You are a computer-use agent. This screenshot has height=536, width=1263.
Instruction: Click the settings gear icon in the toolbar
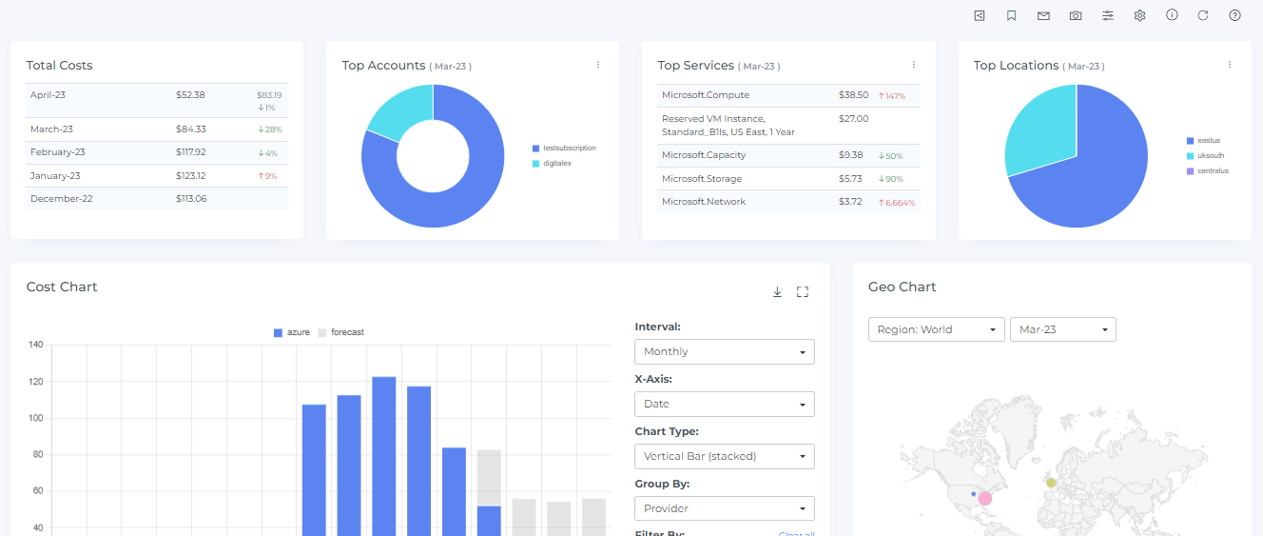tap(1139, 16)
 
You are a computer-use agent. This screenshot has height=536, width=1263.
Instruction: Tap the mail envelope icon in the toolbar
tap(1043, 16)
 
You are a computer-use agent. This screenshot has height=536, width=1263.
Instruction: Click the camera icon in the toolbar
tap(1076, 16)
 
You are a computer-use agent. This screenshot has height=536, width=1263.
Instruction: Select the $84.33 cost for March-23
tap(191, 129)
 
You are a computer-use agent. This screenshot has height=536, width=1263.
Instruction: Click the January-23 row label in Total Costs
tap(55, 176)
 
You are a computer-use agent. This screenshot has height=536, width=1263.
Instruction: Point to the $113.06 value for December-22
tap(191, 199)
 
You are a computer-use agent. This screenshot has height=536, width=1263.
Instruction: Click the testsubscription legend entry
tap(569, 149)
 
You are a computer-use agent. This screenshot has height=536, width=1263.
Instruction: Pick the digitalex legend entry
tap(557, 164)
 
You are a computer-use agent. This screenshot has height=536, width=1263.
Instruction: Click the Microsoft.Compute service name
tap(706, 95)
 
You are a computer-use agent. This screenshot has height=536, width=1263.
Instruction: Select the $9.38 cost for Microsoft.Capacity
tap(851, 155)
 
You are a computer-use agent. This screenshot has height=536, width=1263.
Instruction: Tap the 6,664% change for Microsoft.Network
tap(897, 203)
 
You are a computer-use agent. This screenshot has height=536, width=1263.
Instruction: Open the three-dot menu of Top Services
tap(914, 65)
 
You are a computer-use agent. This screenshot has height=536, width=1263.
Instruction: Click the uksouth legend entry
tap(1209, 155)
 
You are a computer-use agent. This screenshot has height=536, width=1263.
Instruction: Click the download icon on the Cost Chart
tap(777, 292)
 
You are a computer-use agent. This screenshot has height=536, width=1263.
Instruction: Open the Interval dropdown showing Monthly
tap(724, 351)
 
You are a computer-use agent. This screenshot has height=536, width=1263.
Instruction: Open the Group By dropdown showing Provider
tap(724, 508)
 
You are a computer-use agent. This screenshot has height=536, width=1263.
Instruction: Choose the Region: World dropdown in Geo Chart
tap(937, 329)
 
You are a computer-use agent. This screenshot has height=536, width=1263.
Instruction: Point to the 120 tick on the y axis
tap(36, 382)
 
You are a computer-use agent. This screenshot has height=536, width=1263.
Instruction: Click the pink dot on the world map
tap(985, 499)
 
